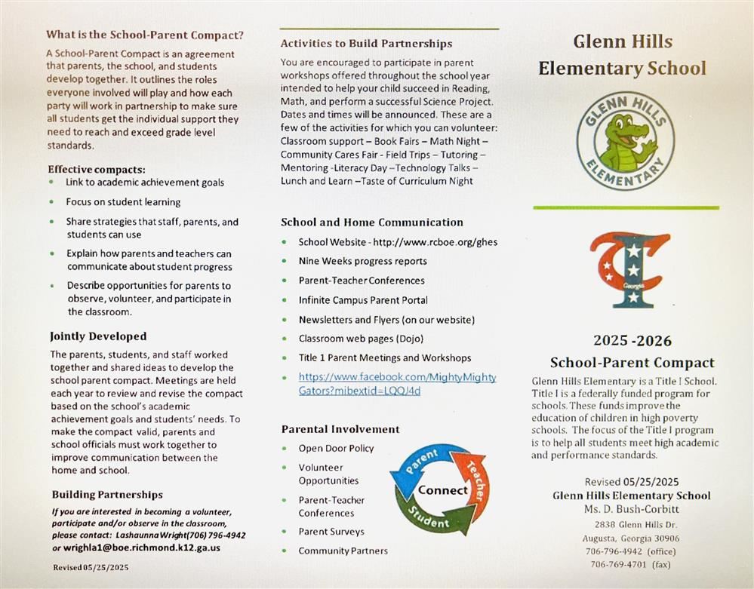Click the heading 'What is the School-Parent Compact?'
(x=145, y=35)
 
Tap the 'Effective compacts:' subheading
(x=97, y=169)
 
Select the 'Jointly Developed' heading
(x=98, y=336)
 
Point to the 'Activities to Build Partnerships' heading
(x=366, y=44)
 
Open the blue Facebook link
(x=397, y=384)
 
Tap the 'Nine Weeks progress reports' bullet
(x=362, y=261)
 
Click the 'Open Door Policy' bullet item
(x=336, y=448)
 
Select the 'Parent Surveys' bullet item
(x=331, y=532)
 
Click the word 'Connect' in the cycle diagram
(x=443, y=490)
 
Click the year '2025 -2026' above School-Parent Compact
(x=632, y=341)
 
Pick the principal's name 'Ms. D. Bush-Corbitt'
(x=631, y=509)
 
